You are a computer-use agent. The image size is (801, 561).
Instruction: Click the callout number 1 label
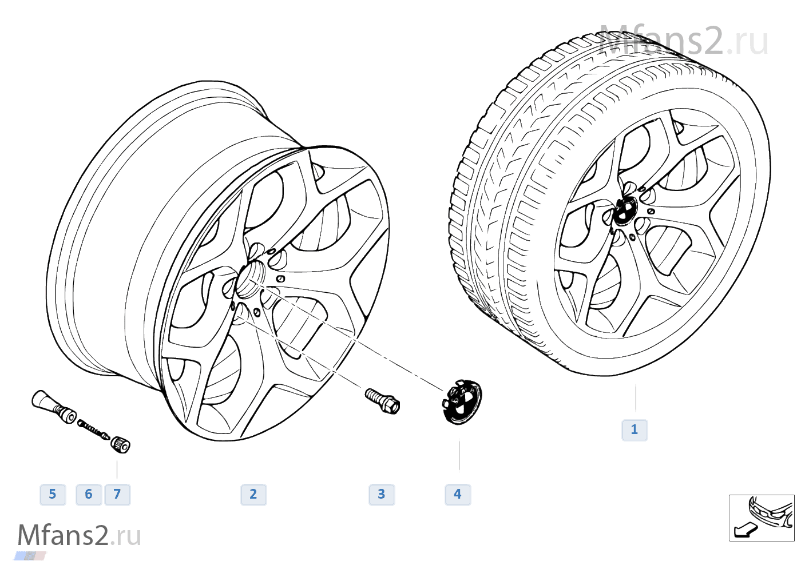(x=634, y=429)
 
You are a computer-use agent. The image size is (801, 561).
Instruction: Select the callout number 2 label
(x=253, y=494)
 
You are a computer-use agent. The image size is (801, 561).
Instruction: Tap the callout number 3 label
(x=382, y=494)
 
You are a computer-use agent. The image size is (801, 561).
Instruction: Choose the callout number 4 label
(x=458, y=494)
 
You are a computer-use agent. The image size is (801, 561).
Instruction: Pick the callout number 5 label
(x=53, y=494)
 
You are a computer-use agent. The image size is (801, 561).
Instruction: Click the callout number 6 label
(x=89, y=494)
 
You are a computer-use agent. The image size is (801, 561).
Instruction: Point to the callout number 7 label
(x=117, y=494)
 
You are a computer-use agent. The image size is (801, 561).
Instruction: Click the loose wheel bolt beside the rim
(x=382, y=400)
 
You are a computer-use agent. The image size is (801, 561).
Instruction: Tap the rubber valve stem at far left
(x=52, y=405)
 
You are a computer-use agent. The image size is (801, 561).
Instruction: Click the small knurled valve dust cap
(x=121, y=444)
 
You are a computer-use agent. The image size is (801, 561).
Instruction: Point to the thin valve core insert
(x=93, y=429)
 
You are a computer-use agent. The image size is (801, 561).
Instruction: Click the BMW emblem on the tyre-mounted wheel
(x=624, y=212)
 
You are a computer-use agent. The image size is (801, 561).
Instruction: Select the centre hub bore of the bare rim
(x=249, y=278)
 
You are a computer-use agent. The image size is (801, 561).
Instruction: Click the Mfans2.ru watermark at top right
(x=684, y=41)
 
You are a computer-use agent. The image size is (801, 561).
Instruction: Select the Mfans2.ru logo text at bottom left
(x=79, y=535)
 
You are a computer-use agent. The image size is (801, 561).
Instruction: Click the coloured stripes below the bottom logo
(x=30, y=555)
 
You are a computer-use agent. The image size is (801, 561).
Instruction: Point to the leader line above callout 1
(x=636, y=399)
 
